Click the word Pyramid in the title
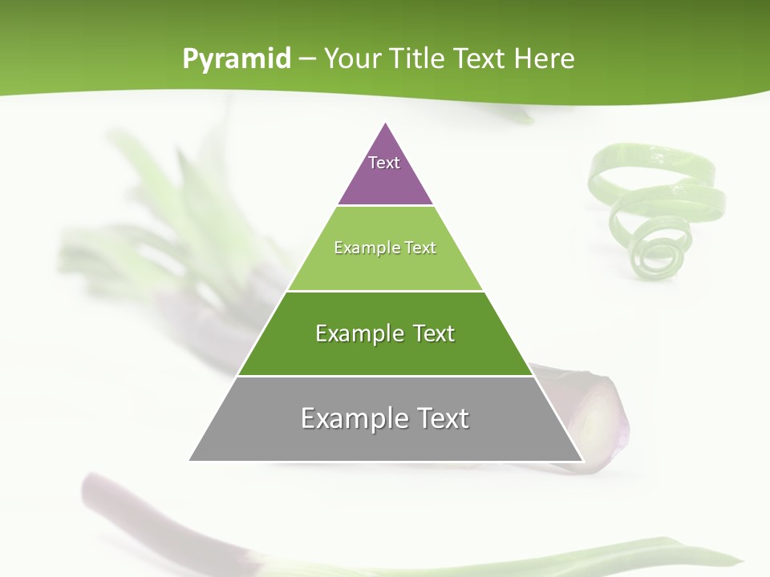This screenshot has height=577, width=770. tap(237, 59)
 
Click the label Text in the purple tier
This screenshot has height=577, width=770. tap(384, 163)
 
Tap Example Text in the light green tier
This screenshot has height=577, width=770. tap(385, 248)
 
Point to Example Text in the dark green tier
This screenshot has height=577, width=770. tap(385, 333)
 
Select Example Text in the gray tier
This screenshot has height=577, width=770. tap(385, 418)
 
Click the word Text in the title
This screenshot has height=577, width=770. tap(482, 59)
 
